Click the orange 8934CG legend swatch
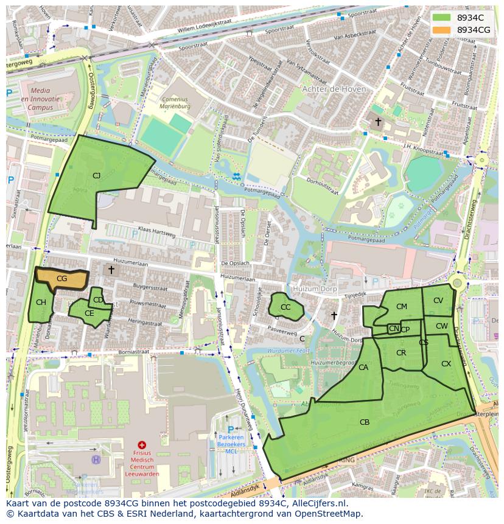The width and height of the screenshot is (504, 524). coord(442,30)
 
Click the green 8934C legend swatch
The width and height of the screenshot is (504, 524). coord(442,18)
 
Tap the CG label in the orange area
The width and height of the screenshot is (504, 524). coord(61,278)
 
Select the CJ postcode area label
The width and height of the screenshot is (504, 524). coord(96,175)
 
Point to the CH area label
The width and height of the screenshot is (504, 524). coord(41,302)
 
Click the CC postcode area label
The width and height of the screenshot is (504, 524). coord(285,307)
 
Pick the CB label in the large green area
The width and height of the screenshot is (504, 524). coord(365,422)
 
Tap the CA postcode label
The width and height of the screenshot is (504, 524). coord(363,367)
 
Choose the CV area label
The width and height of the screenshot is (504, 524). coord(438,300)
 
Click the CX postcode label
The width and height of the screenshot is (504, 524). coord(446,363)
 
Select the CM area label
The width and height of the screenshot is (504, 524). coord(402,306)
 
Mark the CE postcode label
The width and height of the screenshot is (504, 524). coord(89,313)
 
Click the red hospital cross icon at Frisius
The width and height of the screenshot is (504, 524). coord(142,445)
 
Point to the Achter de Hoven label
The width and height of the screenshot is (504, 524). coord(334,89)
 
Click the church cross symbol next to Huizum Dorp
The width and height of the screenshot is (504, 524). coord(334,315)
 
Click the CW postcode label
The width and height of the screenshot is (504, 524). coord(442,326)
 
